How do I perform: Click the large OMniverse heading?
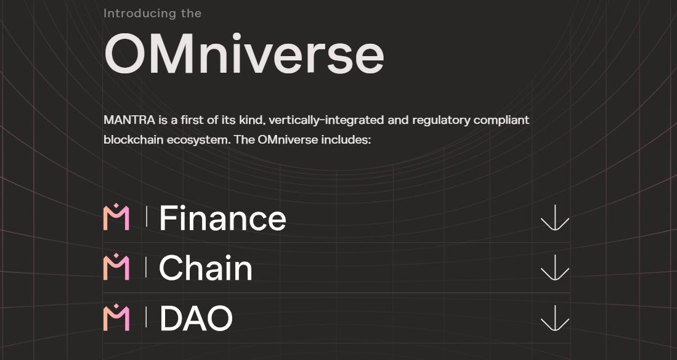click(244, 54)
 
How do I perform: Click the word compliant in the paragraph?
click(501, 120)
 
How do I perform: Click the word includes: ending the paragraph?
click(346, 139)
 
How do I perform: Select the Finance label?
click(222, 218)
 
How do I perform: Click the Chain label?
click(206, 268)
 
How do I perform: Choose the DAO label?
click(196, 319)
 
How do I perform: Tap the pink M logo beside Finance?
click(116, 218)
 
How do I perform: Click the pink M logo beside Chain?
click(116, 268)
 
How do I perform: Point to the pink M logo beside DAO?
click(116, 318)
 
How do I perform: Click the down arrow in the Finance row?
click(554, 218)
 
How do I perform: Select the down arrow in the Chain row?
click(554, 268)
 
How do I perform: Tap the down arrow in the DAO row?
click(554, 318)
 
